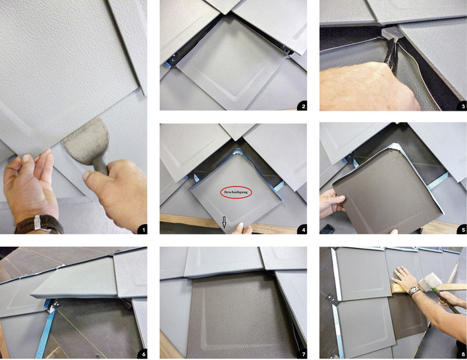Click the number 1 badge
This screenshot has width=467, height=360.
[x=143, y=229]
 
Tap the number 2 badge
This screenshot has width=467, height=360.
[x=303, y=106]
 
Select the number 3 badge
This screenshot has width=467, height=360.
[x=462, y=106]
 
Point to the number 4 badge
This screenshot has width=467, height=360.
[x=303, y=229]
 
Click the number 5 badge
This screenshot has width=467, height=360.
[x=462, y=229]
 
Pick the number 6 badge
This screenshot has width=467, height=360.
[x=143, y=354]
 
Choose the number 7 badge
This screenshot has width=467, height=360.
[x=303, y=354]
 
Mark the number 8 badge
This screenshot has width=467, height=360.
[x=462, y=354]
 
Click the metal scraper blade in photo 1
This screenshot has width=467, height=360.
[x=87, y=140]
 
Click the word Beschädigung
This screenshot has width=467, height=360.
[x=236, y=193]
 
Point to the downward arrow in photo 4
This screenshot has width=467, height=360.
[x=224, y=222]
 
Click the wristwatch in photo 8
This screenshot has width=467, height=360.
[x=414, y=290]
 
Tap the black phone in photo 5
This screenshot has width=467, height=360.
[x=327, y=229]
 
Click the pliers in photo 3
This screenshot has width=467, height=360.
[x=391, y=53]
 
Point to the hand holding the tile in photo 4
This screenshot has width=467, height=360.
[x=243, y=229]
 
